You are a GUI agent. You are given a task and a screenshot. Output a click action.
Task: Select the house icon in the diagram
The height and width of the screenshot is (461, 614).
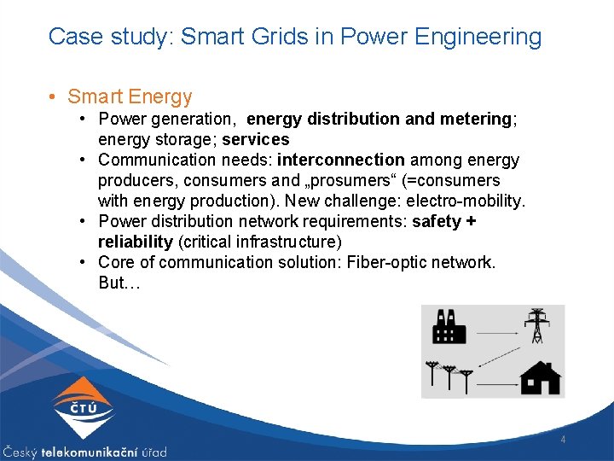[x=541, y=377]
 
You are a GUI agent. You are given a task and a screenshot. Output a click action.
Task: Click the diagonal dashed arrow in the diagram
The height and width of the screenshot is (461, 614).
[x=500, y=355]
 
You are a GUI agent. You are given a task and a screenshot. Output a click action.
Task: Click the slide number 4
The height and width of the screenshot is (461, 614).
[x=563, y=440]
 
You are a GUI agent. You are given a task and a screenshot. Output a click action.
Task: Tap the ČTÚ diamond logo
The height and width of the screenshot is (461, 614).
[x=83, y=409]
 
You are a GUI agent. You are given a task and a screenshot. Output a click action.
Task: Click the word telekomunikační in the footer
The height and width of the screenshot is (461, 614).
[x=86, y=452]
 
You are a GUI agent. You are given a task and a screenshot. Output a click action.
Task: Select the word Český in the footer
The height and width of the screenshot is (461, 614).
[x=21, y=452]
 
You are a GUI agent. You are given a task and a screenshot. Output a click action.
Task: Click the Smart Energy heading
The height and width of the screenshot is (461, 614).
[x=130, y=97]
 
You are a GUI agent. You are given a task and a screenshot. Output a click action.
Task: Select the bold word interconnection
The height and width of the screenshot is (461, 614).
[x=341, y=160]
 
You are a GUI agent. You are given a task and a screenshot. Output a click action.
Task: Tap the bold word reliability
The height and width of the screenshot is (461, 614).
[x=136, y=242]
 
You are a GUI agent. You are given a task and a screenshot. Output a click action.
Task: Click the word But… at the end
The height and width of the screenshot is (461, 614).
[x=117, y=283]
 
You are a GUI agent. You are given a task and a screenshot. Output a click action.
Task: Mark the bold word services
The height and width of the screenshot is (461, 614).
[x=256, y=139]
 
